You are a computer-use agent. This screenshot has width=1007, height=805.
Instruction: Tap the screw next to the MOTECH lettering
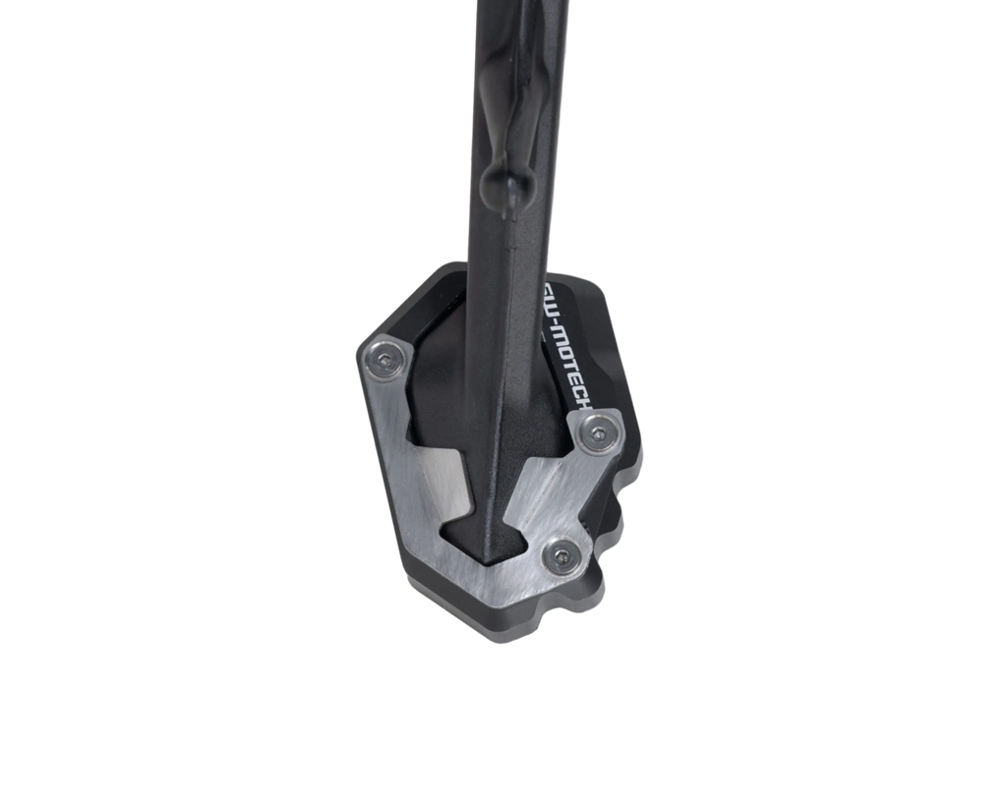coord(597,432)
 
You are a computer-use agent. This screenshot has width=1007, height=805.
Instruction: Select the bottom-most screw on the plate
coord(562,557)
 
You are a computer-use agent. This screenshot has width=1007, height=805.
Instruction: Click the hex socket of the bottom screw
coord(562,557)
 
